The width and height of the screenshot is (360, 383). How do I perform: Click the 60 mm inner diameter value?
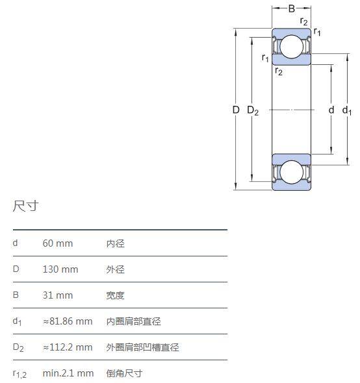click(58, 243)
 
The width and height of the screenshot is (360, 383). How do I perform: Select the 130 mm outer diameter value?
click(60, 269)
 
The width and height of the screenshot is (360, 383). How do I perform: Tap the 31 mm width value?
click(58, 295)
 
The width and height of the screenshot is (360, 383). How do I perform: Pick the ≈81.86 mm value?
click(68, 321)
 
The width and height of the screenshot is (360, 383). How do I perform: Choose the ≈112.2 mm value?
click(68, 347)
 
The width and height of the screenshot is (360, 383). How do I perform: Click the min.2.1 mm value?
click(68, 373)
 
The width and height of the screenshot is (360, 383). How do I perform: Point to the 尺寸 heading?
click(26, 206)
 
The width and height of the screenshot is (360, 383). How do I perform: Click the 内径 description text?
click(116, 243)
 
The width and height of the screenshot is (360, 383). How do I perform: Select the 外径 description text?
click(116, 269)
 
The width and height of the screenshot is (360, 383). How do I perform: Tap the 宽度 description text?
click(116, 295)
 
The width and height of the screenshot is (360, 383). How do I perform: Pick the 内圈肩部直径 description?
click(133, 321)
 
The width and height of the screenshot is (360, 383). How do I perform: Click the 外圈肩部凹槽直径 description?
click(142, 347)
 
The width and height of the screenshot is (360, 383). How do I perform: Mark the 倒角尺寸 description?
click(125, 373)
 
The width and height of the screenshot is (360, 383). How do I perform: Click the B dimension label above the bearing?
click(292, 9)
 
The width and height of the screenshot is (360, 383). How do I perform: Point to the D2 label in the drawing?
click(253, 110)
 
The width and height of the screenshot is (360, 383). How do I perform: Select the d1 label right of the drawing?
click(347, 110)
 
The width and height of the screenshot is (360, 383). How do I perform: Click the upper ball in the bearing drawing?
click(292, 47)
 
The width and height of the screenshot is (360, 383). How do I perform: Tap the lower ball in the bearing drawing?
click(292, 172)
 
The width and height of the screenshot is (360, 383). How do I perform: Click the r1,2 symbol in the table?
click(19, 374)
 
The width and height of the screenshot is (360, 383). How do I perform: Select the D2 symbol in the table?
click(18, 347)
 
